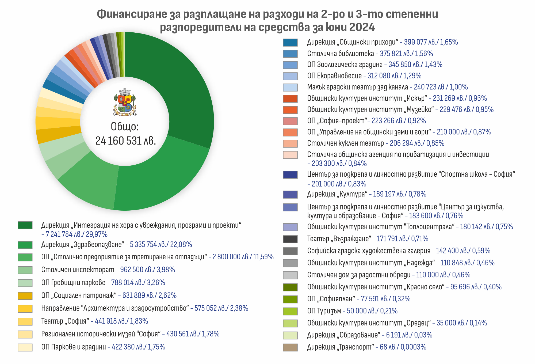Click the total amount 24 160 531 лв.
pyautogui.click(x=125, y=141)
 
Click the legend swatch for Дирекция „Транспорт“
pyautogui.click(x=290, y=347)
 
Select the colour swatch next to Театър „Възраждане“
pyautogui.click(x=290, y=239)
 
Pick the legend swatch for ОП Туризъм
pyautogui.click(x=290, y=311)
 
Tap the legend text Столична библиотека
pyautogui.click(x=340, y=54)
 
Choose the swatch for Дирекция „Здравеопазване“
pyautogui.click(x=25, y=245)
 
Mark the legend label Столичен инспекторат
pyautogui.click(x=78, y=270)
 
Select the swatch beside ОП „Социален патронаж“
pyautogui.click(x=25, y=296)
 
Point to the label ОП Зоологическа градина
pyautogui.click(x=345, y=65)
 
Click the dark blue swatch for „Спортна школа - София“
pyautogui.click(x=290, y=175)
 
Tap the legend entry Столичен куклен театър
pyautogui.click(x=345, y=143)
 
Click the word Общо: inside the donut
pyautogui.click(x=125, y=127)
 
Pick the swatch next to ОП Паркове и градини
pyautogui.click(x=25, y=347)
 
